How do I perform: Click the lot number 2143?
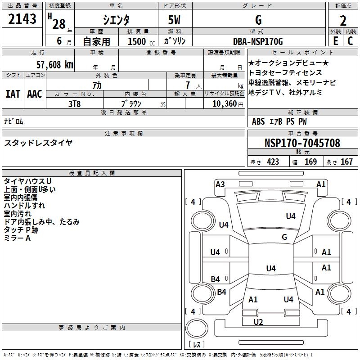22,19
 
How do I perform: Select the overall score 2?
343,20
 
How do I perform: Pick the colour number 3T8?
74,104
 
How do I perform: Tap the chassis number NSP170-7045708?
302,143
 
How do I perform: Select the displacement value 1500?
137,41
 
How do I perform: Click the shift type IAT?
13,94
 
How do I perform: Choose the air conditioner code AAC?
34,94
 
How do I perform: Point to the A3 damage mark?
220,184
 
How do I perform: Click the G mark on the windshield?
284,237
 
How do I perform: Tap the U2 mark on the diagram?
258,322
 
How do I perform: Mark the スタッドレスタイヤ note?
38,143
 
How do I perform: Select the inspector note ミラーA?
17,238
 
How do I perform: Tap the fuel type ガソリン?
175,41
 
